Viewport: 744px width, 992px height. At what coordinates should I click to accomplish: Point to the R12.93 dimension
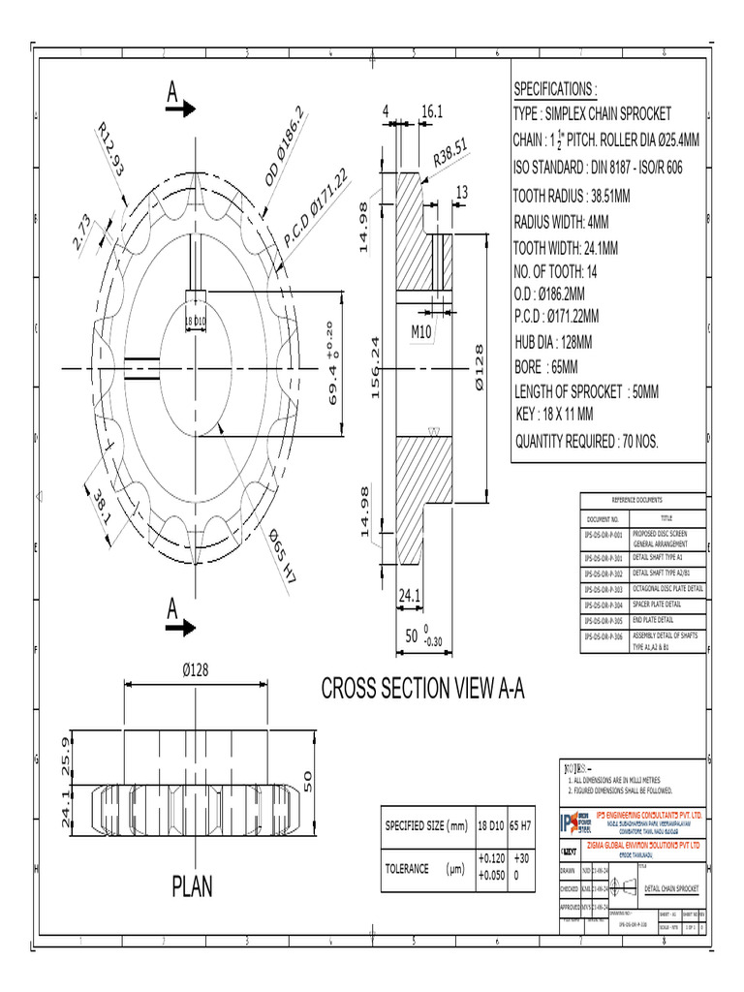[111, 150]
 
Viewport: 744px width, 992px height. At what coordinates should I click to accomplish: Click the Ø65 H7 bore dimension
[282, 557]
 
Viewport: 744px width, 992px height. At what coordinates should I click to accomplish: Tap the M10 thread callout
[421, 331]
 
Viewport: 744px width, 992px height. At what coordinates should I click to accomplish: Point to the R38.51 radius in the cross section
[451, 155]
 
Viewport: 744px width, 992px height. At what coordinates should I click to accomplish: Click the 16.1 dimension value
[431, 113]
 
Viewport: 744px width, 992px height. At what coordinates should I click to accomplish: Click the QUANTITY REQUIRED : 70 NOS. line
[585, 442]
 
